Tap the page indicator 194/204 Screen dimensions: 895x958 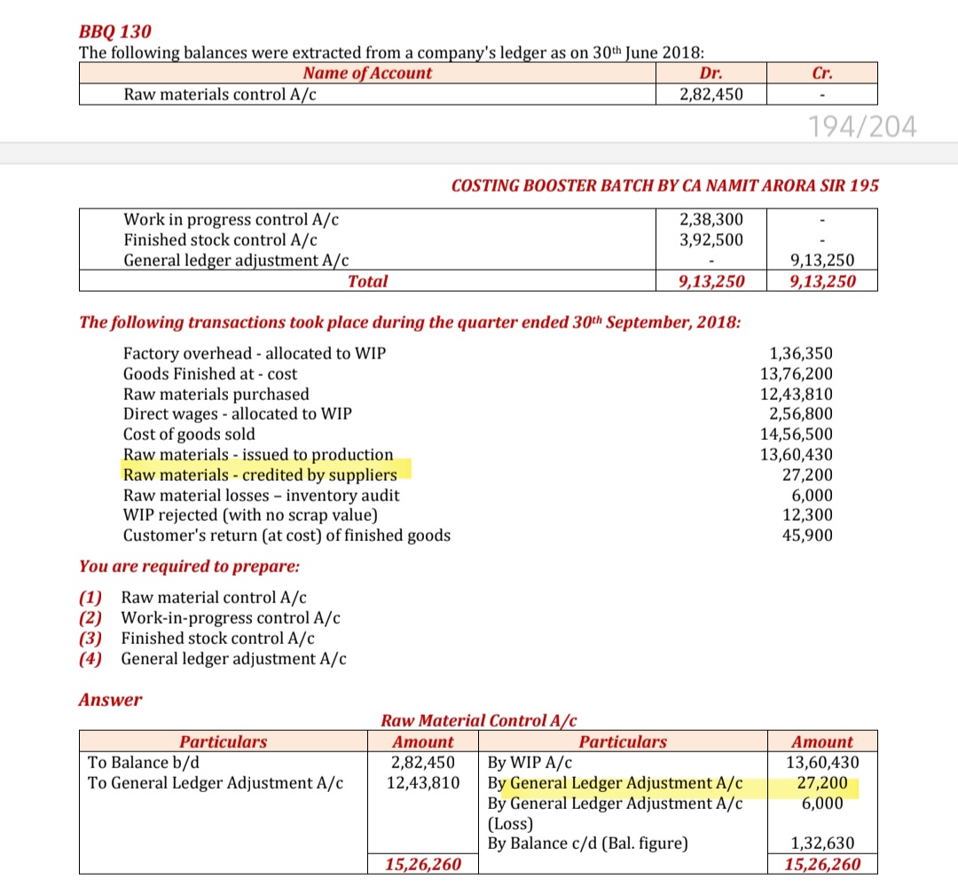862,128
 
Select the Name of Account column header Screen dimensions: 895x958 367,74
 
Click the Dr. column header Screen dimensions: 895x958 711,74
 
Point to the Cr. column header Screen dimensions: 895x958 822,74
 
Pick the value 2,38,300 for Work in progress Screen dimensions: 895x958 711,219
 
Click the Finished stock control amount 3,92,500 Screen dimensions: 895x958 711,239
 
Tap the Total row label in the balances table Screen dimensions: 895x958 367,281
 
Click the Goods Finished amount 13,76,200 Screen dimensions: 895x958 797,373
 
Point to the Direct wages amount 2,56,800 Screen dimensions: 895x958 801,414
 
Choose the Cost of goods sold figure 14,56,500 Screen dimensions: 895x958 797,435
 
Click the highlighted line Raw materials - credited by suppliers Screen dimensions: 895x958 260,475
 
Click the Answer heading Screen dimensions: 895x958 110,700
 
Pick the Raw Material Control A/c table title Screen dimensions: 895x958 479,720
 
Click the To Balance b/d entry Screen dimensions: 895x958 141,762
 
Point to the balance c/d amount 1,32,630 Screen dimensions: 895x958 822,844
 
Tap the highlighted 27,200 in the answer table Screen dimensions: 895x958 822,783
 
